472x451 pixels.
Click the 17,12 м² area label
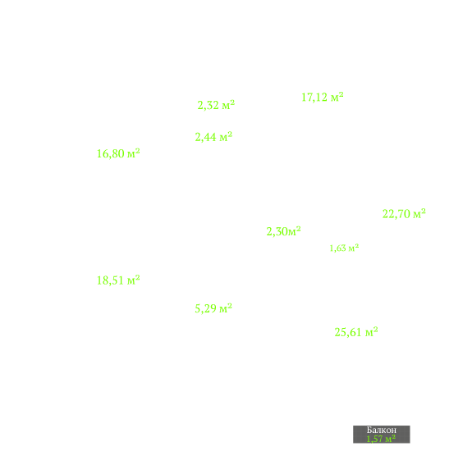(323, 97)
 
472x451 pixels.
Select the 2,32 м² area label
(216, 105)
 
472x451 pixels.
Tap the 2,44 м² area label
(213, 137)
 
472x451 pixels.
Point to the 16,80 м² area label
(118, 153)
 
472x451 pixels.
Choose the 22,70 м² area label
(404, 214)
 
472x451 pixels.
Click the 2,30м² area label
(283, 231)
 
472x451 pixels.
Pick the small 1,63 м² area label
(345, 248)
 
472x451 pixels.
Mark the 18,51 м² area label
(118, 280)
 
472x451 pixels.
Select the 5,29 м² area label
(213, 308)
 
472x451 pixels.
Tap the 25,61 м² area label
(356, 332)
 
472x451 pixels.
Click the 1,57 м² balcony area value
(381, 439)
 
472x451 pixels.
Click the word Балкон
(382, 430)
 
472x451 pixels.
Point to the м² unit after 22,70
(419, 213)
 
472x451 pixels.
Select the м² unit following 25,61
(372, 331)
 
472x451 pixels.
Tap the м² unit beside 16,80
(134, 153)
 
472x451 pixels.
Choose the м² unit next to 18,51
(134, 280)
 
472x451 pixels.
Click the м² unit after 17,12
(337, 97)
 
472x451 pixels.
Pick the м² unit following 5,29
(226, 307)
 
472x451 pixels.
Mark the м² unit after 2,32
(228, 105)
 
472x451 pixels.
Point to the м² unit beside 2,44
(226, 136)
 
